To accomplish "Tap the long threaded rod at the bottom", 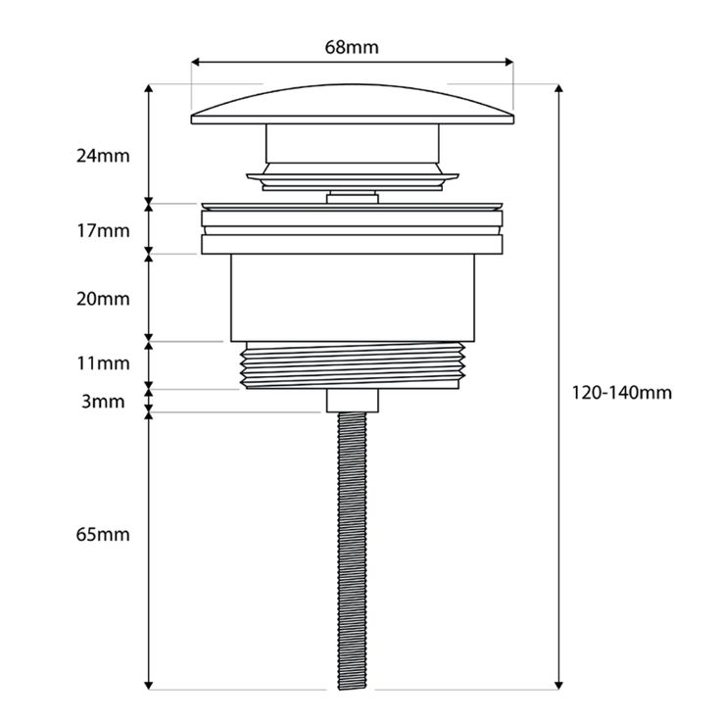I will click(352, 549).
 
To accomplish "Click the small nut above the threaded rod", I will click(352, 400).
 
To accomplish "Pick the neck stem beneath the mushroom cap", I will click(352, 147).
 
